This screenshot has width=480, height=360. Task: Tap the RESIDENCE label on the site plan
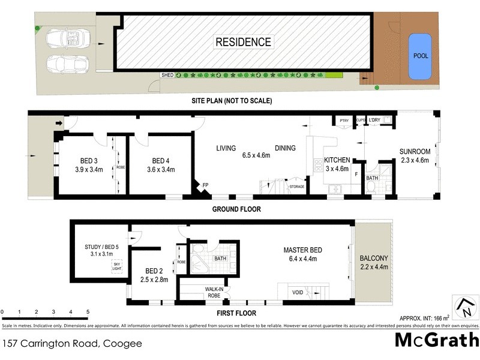point(244,42)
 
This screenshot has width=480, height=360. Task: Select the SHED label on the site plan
point(167,76)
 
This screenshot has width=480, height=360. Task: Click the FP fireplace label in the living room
point(205,185)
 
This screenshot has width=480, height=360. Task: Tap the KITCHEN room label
point(338,161)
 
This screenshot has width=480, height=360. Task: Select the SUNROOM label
point(415,151)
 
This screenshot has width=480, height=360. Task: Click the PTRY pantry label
point(344,121)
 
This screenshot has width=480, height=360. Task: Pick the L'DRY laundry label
point(375,121)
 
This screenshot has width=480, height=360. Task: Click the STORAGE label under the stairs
point(297,187)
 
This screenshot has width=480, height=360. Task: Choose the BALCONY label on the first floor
point(374,259)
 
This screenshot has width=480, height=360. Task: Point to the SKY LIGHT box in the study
point(116,266)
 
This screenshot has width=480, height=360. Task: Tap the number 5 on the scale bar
point(88,312)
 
